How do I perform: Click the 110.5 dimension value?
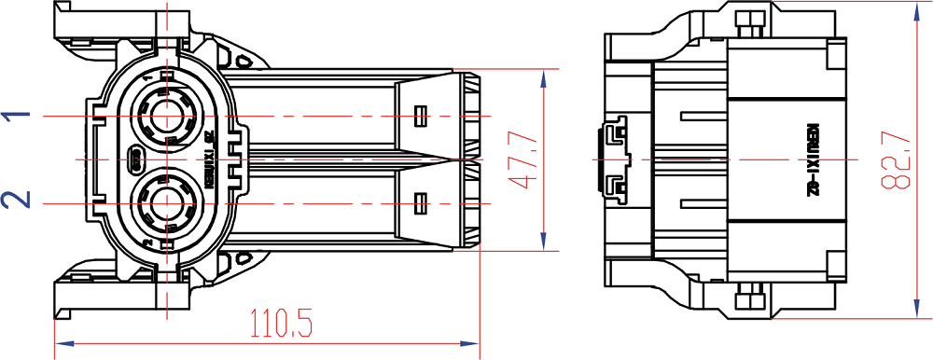tap(281, 323)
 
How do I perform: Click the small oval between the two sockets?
tap(134, 160)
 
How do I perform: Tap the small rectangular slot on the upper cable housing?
tap(420, 117)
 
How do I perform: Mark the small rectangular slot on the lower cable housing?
tap(420, 201)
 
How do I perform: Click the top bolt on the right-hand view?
tap(745, 20)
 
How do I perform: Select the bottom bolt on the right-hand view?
tap(745, 301)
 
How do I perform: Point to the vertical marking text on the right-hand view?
tap(812, 160)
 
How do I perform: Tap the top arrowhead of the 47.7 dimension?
tap(544, 76)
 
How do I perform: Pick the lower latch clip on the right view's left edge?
tap(612, 186)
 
